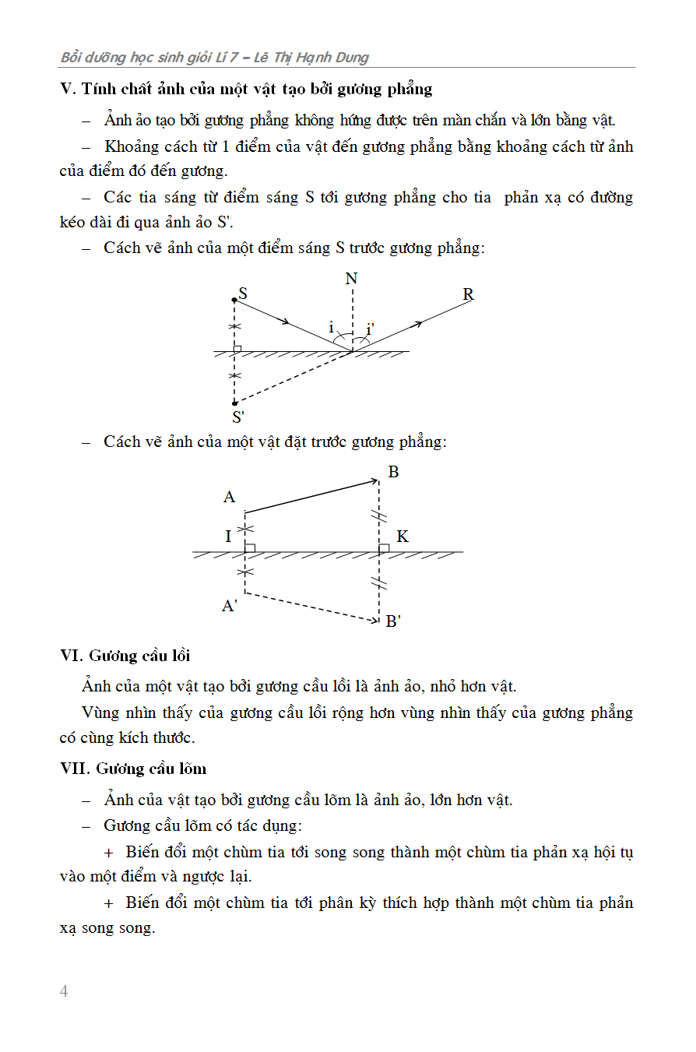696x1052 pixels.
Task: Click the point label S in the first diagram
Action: click(x=243, y=294)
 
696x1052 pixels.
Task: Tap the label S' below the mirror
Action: click(x=239, y=417)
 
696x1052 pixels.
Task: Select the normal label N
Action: click(x=352, y=279)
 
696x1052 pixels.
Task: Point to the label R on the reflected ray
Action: click(x=468, y=294)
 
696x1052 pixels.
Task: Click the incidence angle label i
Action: click(x=331, y=328)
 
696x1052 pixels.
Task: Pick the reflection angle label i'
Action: click(x=371, y=329)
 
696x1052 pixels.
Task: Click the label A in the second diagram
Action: click(x=229, y=497)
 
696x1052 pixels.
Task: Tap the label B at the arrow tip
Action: click(x=393, y=472)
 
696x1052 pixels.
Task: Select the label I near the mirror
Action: click(x=228, y=537)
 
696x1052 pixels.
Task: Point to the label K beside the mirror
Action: click(x=402, y=537)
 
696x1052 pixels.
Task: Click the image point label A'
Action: click(x=230, y=606)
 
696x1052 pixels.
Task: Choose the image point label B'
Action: click(x=393, y=621)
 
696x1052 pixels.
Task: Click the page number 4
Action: click(x=64, y=991)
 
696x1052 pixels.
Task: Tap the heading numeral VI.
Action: click(x=71, y=656)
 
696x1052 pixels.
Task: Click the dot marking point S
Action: click(x=234, y=300)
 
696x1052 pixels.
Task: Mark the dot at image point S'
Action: click(x=234, y=403)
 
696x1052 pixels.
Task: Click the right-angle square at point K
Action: click(x=384, y=548)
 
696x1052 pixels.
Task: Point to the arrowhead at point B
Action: click(x=374, y=482)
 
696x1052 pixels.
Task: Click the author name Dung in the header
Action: click(x=352, y=57)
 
